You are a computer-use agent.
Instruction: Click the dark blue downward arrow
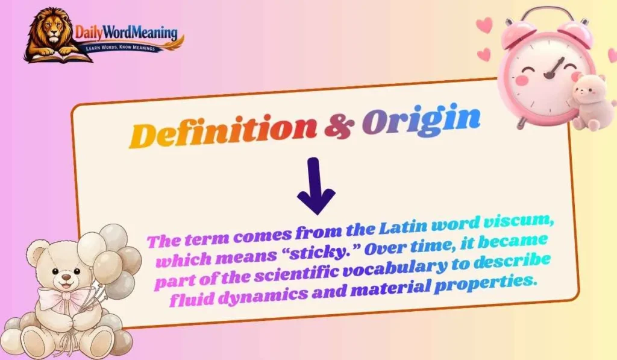tap(316, 186)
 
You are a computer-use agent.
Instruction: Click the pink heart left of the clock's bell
tap(484, 25)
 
